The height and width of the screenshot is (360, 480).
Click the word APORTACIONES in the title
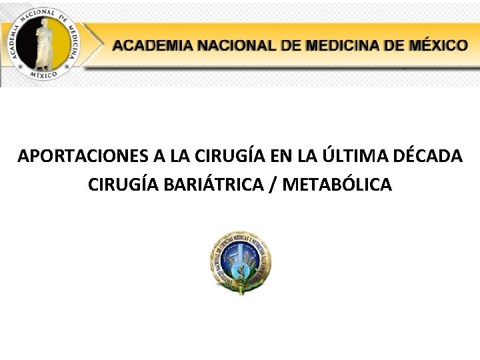click(x=84, y=157)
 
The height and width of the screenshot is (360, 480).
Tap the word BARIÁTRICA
click(x=213, y=184)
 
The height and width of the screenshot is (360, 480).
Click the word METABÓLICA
click(x=337, y=184)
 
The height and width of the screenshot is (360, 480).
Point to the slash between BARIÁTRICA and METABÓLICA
click(x=275, y=184)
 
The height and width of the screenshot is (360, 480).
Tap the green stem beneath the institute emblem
click(x=241, y=288)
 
